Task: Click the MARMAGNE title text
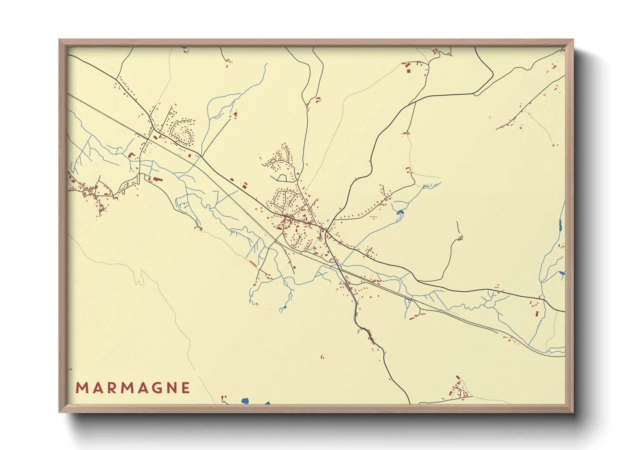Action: (133, 388)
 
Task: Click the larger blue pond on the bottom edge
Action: (245, 401)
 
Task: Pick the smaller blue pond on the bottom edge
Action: (267, 403)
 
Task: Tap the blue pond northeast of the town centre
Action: (399, 212)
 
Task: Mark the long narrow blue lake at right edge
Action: (561, 225)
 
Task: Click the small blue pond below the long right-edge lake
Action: (562, 273)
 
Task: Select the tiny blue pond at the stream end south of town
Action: (284, 307)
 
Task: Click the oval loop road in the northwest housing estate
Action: (182, 131)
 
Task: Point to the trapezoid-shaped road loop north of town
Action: (281, 177)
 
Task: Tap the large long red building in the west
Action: (157, 179)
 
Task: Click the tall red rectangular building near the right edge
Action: (536, 314)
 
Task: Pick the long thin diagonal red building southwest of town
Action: (253, 264)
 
